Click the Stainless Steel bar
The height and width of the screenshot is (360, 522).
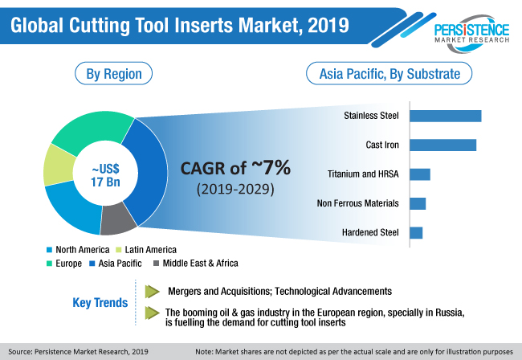tap(446, 116)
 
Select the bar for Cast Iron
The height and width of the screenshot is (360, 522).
tap(443, 145)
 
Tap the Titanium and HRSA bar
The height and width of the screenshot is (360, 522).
tap(420, 174)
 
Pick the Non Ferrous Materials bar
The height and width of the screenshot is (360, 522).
tap(418, 203)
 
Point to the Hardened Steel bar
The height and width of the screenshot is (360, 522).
tap(416, 233)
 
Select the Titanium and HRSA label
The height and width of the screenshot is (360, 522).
tap(363, 174)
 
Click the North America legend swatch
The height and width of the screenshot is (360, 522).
tap(51, 250)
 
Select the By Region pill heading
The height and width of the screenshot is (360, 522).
tap(113, 75)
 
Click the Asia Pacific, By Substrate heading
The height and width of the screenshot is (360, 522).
tap(389, 75)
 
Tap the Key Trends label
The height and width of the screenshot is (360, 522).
tap(100, 303)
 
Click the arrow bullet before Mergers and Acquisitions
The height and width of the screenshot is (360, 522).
tap(153, 290)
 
